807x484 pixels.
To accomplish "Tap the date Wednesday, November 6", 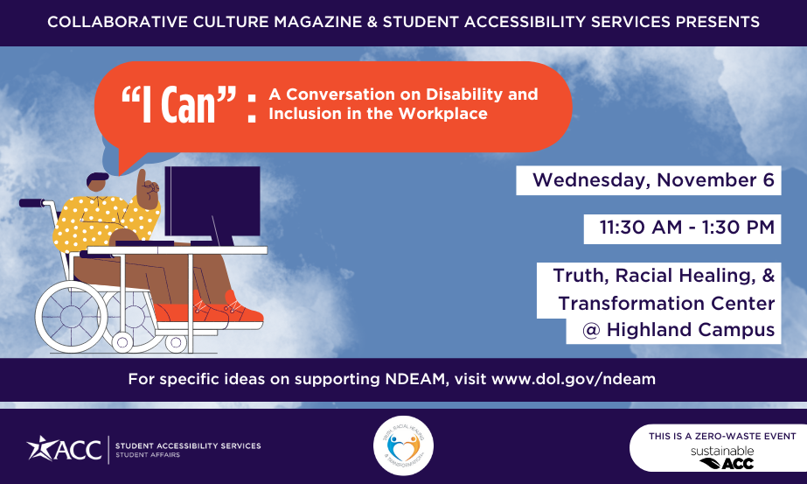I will coord(653,181).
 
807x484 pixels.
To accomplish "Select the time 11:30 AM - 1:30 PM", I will coord(686,228).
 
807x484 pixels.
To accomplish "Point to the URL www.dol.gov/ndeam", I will coord(573,379).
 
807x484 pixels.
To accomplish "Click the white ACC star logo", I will coord(38,447).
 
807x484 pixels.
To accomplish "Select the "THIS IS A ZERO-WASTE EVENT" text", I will coord(722,435).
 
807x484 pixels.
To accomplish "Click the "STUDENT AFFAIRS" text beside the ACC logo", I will coord(144,454).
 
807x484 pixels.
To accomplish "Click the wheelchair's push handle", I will coord(31,203).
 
